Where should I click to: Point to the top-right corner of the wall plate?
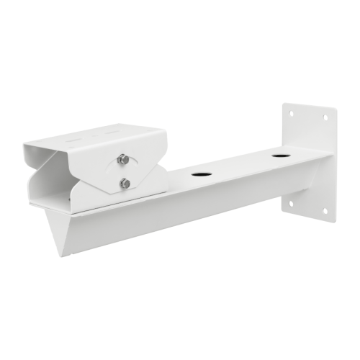pyautogui.click(x=336, y=109)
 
